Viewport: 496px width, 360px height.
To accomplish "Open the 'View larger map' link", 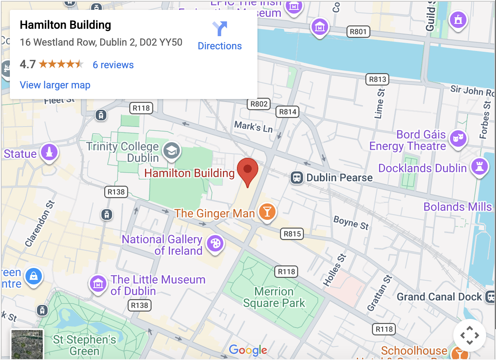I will (55, 85).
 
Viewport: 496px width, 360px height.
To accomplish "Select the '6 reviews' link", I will (113, 65).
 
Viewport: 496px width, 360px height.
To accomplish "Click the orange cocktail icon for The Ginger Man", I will (267, 212).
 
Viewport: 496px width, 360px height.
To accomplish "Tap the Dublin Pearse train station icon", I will (296, 178).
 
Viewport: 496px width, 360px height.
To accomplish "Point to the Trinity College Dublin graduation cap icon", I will (172, 150).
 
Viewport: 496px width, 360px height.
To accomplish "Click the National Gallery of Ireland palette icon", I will (215, 243).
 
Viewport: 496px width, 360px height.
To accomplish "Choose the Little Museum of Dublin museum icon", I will (98, 284).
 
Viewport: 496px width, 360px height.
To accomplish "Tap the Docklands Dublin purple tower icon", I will (479, 167).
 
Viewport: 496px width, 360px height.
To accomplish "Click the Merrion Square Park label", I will (274, 298).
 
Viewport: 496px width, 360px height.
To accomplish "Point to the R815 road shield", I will (292, 234).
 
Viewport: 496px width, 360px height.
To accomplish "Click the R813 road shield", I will (377, 79).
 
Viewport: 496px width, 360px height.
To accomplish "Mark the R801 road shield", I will (358, 31).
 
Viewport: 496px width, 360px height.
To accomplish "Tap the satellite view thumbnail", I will (27, 344).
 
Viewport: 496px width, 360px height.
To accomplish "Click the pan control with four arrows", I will (469, 335).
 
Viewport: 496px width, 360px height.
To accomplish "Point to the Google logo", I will (248, 350).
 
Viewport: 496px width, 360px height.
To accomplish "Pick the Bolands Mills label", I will (457, 207).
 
